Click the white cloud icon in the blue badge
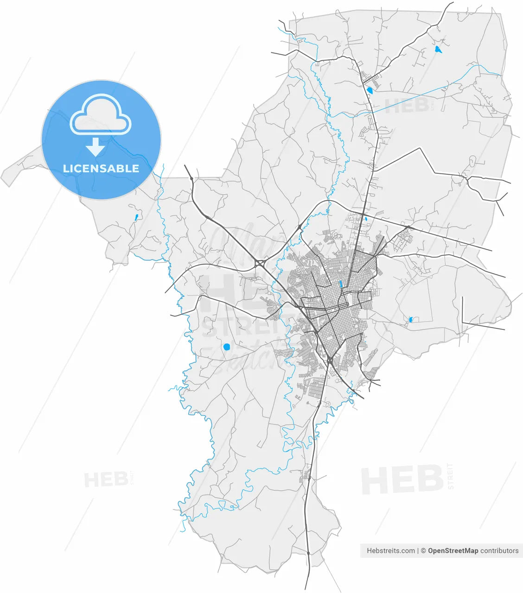pos(101,114)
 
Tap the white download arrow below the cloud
pos(96,147)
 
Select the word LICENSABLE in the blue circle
pos(101,169)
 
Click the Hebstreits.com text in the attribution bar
pos(391,551)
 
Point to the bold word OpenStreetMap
pos(453,551)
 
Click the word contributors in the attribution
pos(499,551)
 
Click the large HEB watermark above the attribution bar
pos(402,479)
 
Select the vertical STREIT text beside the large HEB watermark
pos(451,476)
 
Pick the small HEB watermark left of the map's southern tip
pos(105,479)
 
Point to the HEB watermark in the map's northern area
pos(407,105)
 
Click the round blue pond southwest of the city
pos(227,347)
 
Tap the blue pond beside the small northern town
pos(370,90)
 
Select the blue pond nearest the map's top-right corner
pos(438,49)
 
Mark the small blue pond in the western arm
pos(136,217)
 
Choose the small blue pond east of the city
pos(411,319)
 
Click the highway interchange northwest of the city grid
pos(260,264)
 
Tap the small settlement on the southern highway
pos(306,473)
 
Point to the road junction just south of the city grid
pos(329,360)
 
